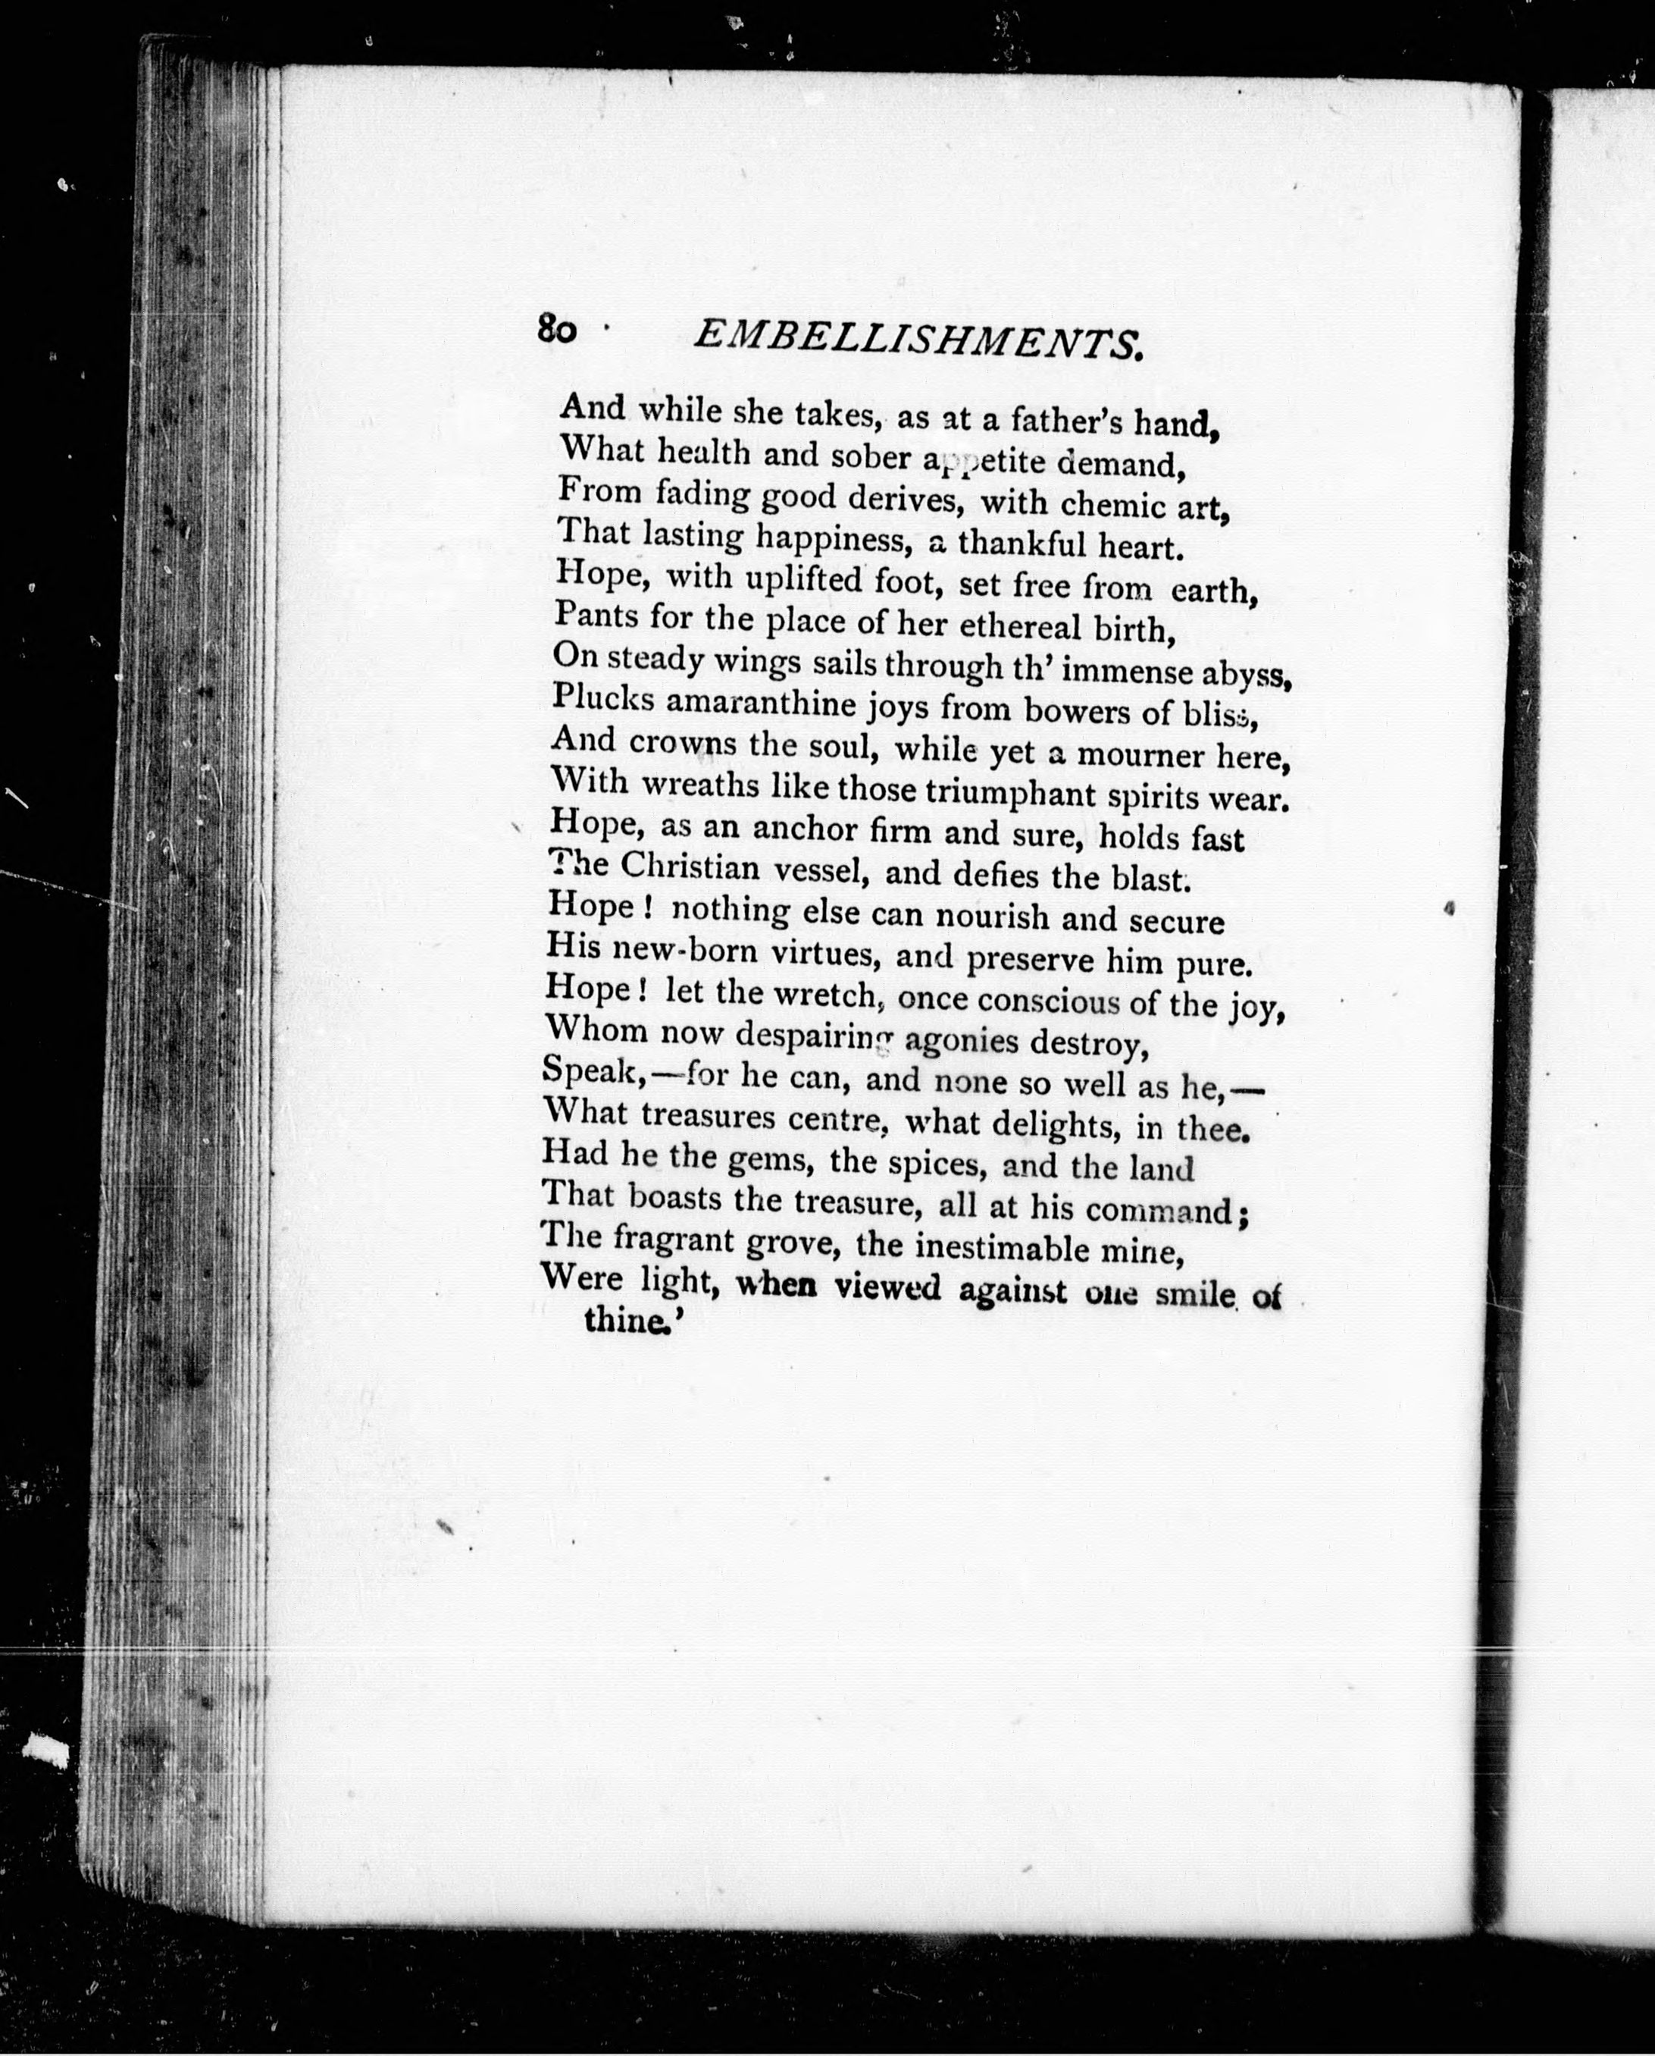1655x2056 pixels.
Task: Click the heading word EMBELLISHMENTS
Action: pos(916,340)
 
